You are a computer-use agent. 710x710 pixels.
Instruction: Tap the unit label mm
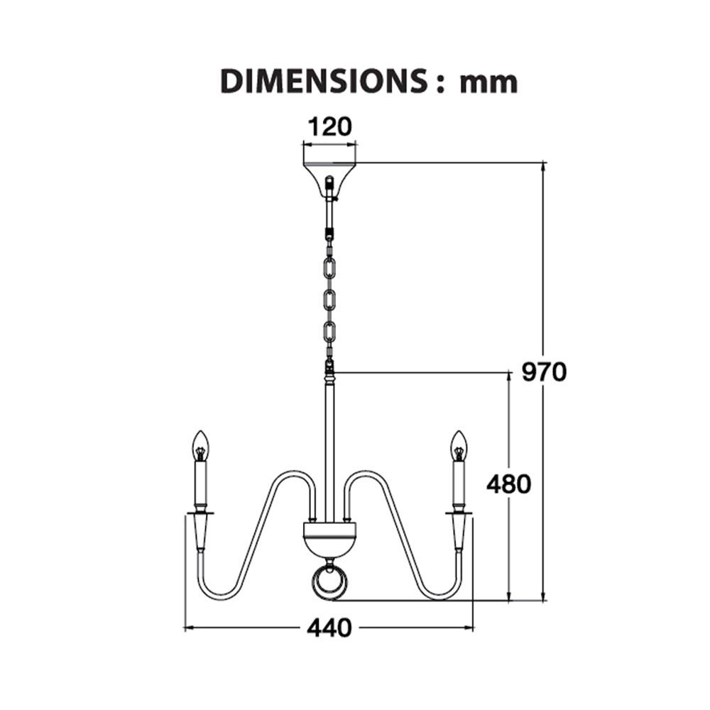(x=488, y=84)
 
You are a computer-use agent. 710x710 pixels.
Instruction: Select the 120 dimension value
(x=329, y=127)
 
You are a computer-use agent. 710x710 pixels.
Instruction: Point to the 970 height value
(x=544, y=372)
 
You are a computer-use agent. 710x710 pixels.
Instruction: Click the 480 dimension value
(x=508, y=484)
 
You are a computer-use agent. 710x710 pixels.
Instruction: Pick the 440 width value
(x=329, y=628)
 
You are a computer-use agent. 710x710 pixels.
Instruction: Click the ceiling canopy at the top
(x=329, y=180)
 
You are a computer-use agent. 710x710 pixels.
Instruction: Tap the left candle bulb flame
(x=201, y=446)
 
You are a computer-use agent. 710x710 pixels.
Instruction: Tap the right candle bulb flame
(x=458, y=446)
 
